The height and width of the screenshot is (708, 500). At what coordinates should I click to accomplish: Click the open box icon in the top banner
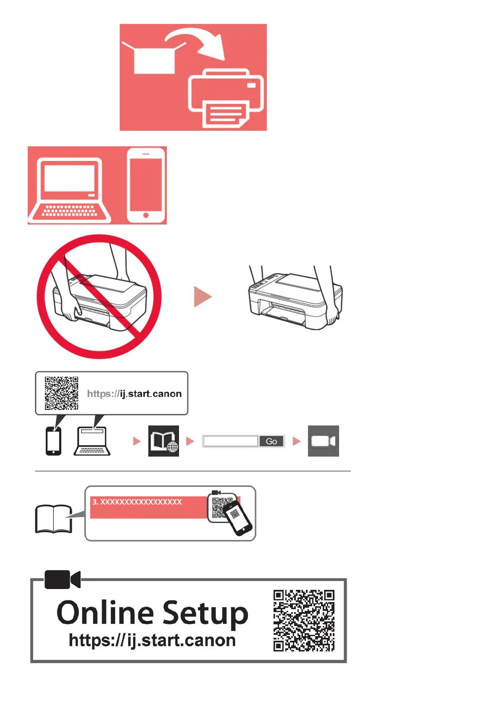[154, 58]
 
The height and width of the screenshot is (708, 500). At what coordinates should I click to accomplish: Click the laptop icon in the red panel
[70, 190]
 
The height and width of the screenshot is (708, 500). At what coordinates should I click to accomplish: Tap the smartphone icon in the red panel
[146, 185]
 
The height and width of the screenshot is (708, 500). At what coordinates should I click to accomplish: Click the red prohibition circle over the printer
[99, 296]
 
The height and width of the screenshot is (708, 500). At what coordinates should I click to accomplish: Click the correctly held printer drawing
[295, 298]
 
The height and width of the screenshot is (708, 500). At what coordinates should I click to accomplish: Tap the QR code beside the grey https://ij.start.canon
[61, 393]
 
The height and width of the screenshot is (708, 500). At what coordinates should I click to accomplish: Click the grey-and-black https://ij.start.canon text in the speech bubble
[134, 394]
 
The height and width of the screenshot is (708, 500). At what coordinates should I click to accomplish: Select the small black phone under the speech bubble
[53, 441]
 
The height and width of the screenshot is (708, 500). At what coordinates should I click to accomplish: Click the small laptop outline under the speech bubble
[92, 441]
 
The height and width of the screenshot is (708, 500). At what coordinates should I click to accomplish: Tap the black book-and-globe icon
[163, 441]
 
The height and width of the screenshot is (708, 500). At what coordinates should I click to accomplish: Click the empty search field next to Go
[230, 441]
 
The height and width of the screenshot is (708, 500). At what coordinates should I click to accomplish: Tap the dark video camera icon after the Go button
[323, 441]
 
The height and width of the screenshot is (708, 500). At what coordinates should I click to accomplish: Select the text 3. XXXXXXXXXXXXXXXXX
[137, 502]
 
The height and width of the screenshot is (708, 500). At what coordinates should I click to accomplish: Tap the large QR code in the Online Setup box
[304, 621]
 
